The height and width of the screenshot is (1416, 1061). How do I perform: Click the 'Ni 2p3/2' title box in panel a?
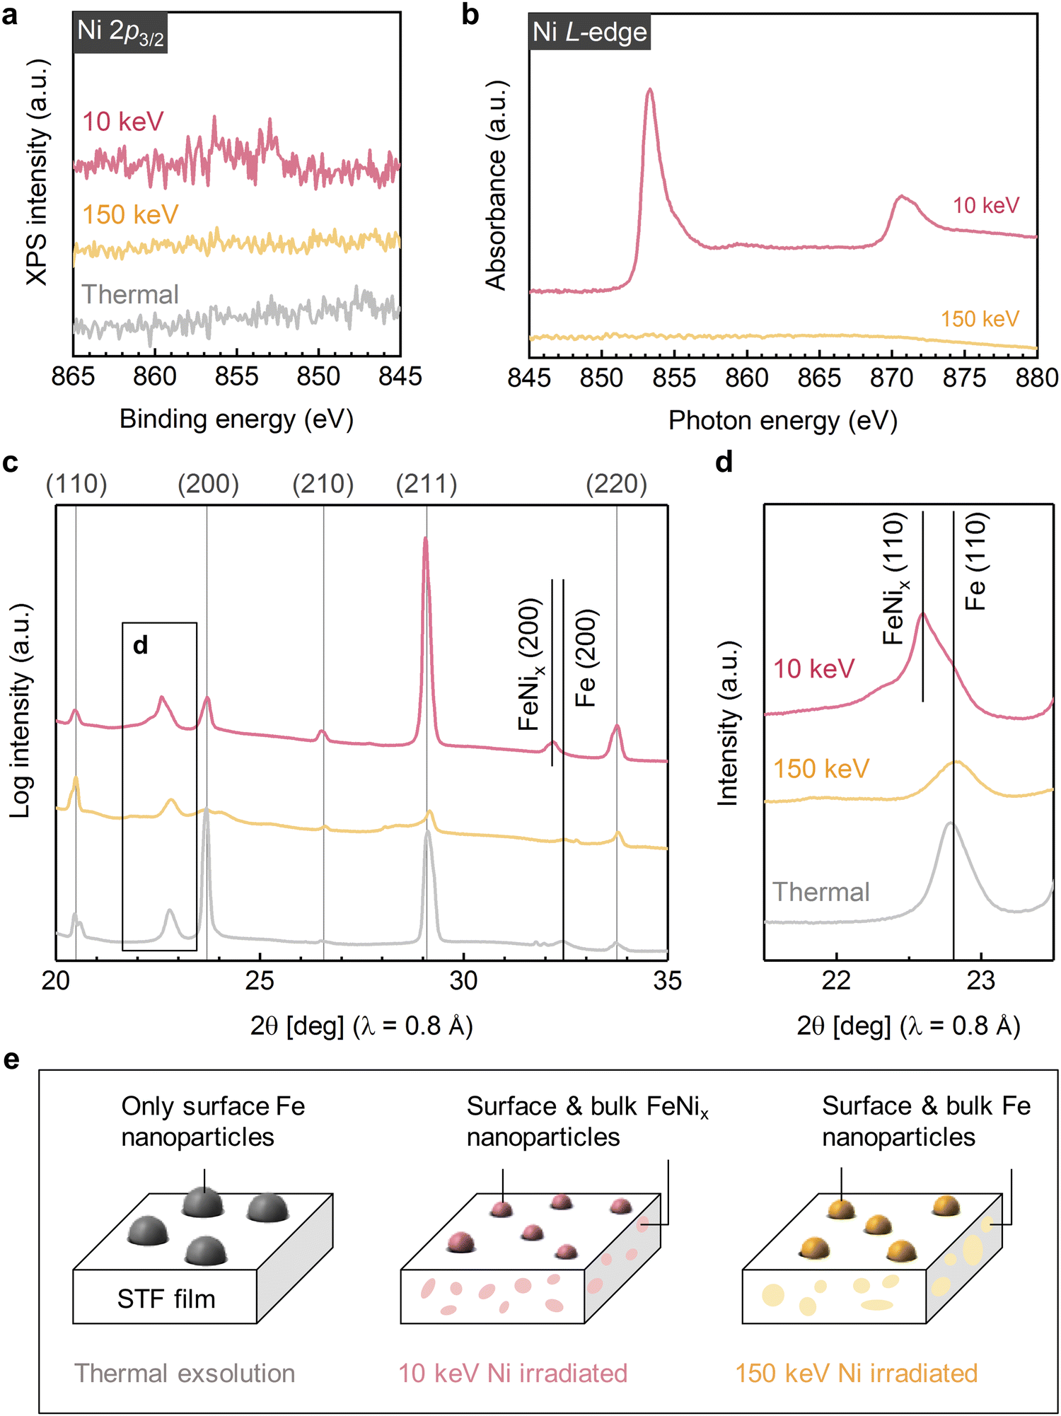tap(120, 33)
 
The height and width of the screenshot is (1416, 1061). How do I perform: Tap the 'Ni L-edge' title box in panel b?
tap(589, 33)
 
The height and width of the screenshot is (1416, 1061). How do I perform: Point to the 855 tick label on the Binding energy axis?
tap(236, 376)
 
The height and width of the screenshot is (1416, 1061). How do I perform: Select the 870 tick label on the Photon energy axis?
tap(891, 378)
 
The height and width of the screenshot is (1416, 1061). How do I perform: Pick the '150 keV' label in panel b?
tap(980, 319)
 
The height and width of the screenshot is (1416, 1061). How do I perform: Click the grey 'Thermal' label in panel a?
tap(130, 294)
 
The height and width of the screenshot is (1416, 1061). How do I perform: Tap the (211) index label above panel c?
tap(427, 484)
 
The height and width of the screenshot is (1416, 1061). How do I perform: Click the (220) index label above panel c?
tap(616, 484)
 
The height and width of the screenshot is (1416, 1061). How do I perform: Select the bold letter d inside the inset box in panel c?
tap(141, 645)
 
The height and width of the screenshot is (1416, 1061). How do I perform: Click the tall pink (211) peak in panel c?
tap(425, 542)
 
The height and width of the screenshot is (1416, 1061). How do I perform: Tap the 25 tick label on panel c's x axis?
tap(260, 981)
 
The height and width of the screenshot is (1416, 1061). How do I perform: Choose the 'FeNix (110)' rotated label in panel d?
tap(895, 579)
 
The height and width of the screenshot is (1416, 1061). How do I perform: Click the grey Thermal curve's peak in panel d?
tap(949, 824)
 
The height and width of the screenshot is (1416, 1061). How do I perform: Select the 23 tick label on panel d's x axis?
tap(980, 981)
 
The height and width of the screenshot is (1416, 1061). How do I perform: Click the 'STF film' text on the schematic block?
tap(166, 1299)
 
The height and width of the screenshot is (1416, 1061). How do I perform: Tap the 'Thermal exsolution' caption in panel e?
tap(185, 1373)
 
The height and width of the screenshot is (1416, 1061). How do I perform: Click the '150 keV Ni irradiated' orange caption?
tap(856, 1373)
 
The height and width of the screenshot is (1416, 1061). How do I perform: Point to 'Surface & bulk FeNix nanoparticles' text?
tap(587, 1122)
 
